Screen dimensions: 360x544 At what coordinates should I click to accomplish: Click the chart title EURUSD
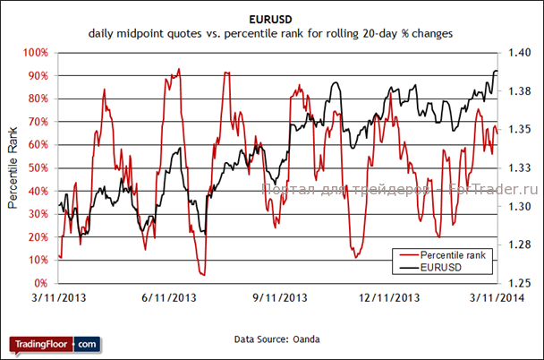[270, 17]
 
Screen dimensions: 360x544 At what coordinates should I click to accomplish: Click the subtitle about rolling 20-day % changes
[270, 33]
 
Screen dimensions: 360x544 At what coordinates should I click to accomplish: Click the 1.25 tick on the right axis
[519, 283]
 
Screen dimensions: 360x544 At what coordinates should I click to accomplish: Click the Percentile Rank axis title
[13, 167]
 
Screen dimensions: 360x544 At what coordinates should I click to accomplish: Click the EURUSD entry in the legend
[440, 267]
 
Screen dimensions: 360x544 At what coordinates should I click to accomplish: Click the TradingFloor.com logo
[55, 344]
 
